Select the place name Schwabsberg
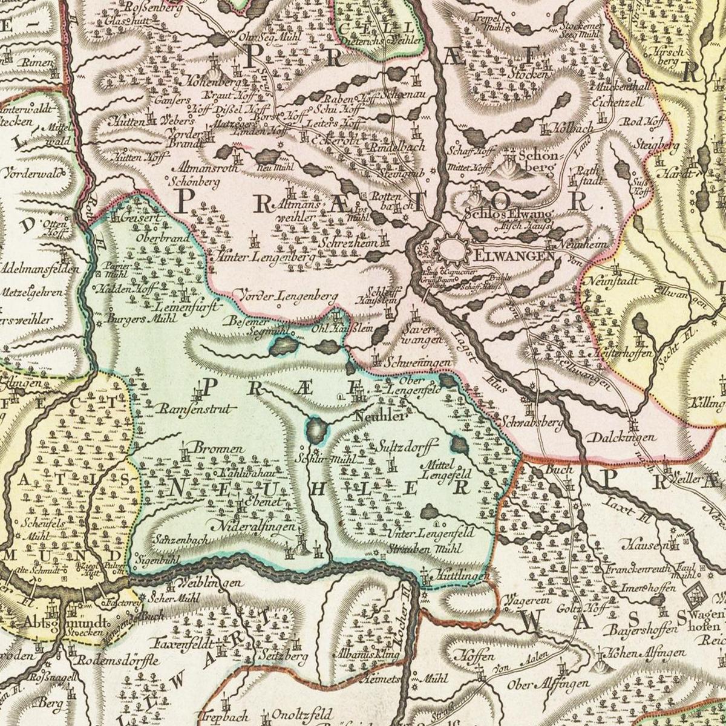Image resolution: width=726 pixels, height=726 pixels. pyautogui.click(x=532, y=420)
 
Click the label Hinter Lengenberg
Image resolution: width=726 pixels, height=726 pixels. pyautogui.click(x=263, y=258)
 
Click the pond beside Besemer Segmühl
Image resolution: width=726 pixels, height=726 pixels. pyautogui.click(x=283, y=345)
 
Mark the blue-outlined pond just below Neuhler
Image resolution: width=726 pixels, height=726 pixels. pyautogui.click(x=316, y=430)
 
